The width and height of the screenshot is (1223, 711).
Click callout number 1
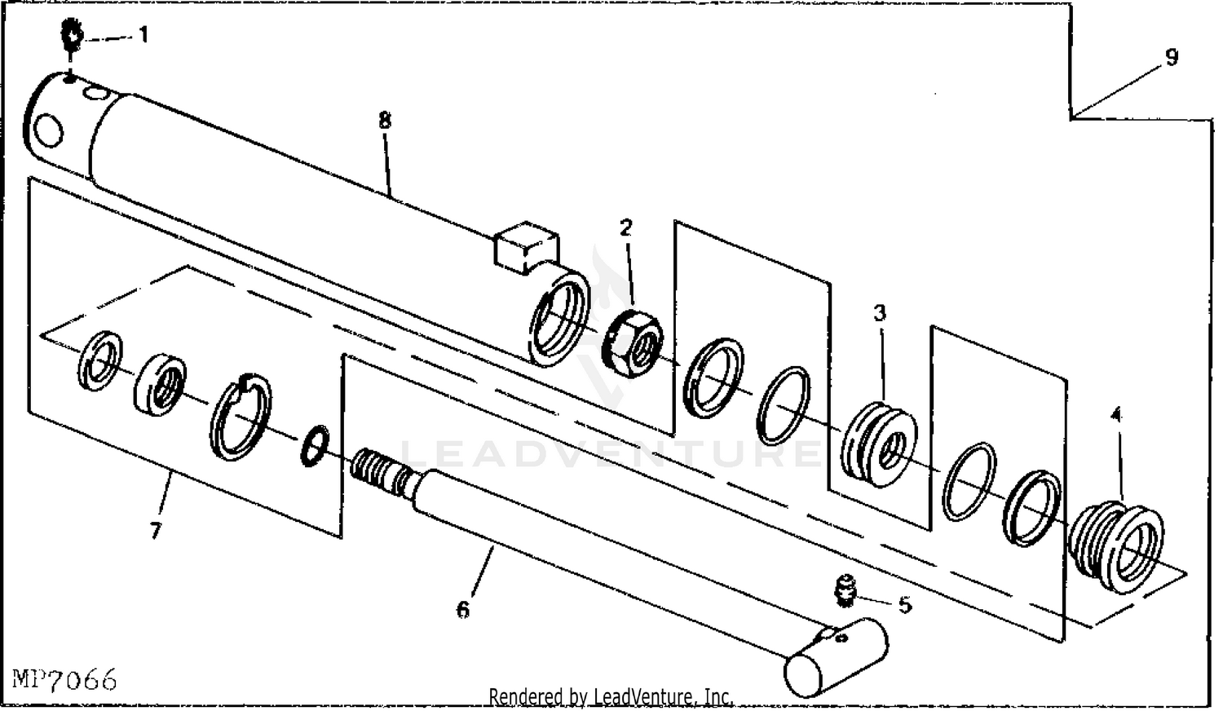click(x=143, y=35)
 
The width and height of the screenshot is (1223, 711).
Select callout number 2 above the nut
click(x=625, y=227)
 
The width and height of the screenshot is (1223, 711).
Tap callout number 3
click(x=880, y=312)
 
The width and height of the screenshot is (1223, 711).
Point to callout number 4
click(x=1116, y=414)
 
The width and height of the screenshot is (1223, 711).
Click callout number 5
click(x=905, y=605)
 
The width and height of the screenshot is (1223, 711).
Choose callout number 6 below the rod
click(x=463, y=609)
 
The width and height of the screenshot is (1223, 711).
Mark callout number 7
click(x=155, y=531)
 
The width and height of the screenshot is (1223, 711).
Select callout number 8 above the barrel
click(x=384, y=120)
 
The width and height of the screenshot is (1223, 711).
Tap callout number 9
click(x=1172, y=58)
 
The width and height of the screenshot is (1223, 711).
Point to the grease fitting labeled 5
click(x=844, y=591)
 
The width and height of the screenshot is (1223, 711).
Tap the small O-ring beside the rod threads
click(x=314, y=445)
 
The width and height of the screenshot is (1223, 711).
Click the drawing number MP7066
click(x=65, y=678)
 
